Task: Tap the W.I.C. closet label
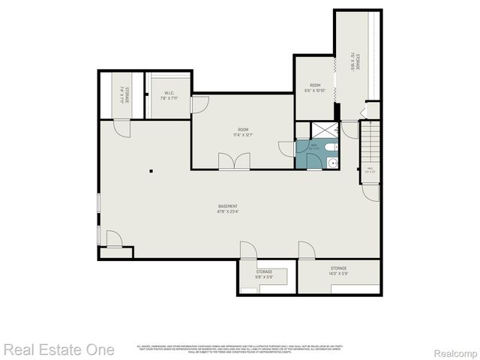169,93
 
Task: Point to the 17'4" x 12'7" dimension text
240,136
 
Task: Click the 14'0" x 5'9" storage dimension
338,274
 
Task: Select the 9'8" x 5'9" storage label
263,277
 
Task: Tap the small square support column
151,171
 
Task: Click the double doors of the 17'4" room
233,161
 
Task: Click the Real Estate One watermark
59,349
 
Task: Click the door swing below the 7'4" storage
121,129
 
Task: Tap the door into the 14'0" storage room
306,250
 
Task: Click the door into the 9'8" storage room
248,250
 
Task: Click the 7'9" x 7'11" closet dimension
169,98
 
